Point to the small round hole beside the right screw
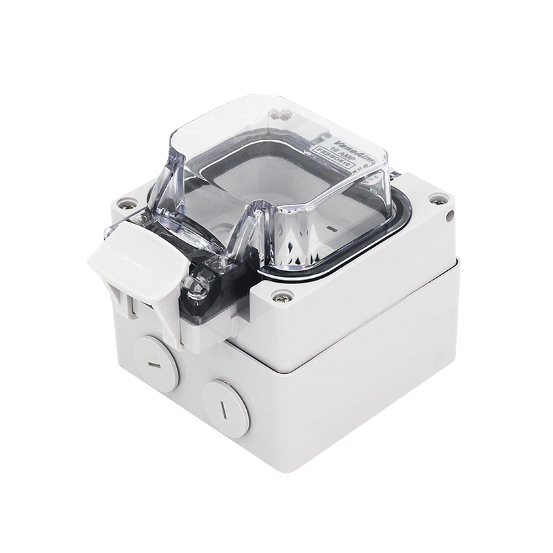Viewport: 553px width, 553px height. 450,216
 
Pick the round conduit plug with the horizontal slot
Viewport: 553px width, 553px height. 156,363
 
